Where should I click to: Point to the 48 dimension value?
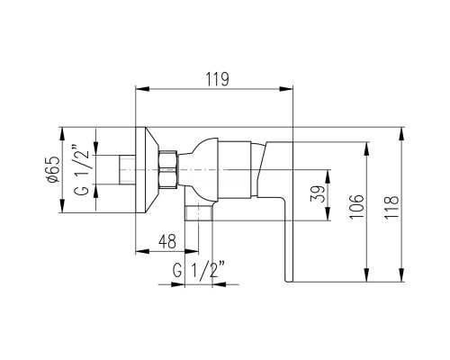click(x=166, y=241)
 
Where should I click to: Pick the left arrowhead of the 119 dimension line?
click(x=139, y=89)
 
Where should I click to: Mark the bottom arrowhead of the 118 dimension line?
click(x=400, y=282)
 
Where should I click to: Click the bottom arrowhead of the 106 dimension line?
click(x=367, y=282)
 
